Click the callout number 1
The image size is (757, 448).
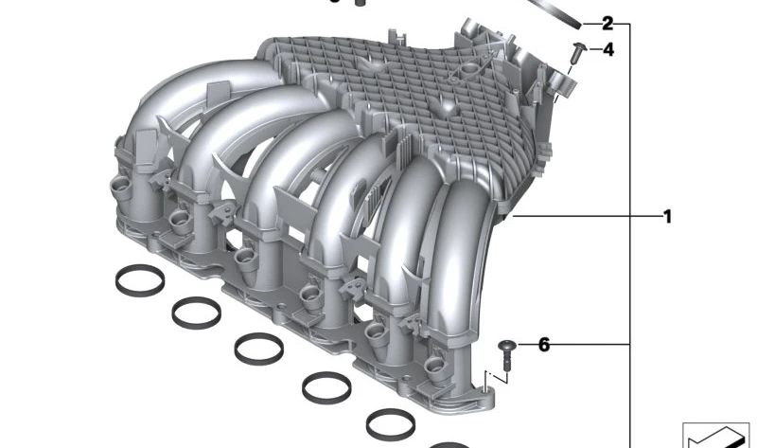[668, 217]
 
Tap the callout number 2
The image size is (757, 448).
[607, 23]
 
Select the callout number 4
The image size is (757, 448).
[608, 49]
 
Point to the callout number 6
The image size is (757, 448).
[543, 345]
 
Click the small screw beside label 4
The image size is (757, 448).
[578, 52]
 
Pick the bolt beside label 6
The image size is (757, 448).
[506, 355]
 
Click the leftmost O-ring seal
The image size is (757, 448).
[140, 280]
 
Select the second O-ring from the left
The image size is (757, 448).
[197, 314]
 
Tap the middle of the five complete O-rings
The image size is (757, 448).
[258, 349]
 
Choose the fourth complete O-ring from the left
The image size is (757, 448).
[326, 387]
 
